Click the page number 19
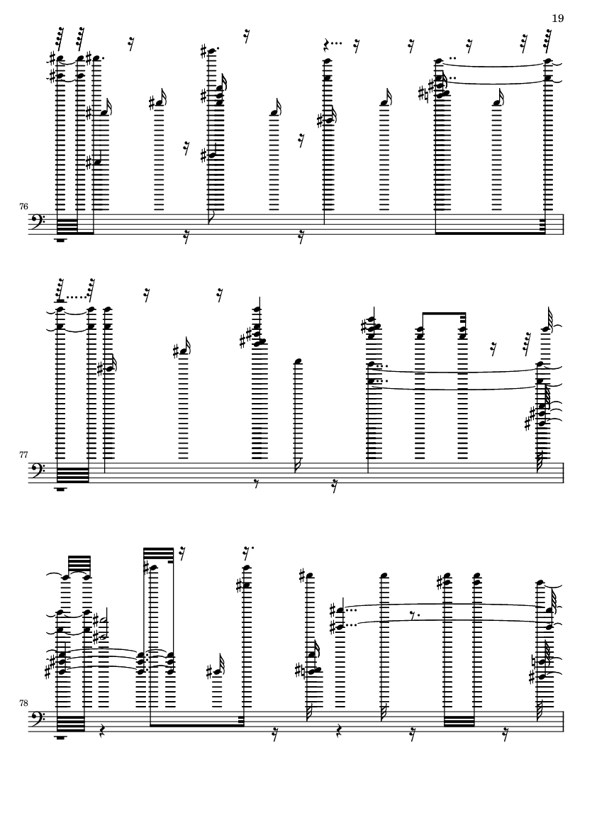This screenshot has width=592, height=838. (557, 18)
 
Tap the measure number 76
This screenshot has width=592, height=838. (23, 206)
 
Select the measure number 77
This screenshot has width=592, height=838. (23, 455)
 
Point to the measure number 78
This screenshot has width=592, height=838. (23, 703)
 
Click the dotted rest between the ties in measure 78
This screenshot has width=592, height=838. (413, 614)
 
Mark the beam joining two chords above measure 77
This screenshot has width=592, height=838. (444, 313)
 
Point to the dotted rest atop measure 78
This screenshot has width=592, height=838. (247, 551)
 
